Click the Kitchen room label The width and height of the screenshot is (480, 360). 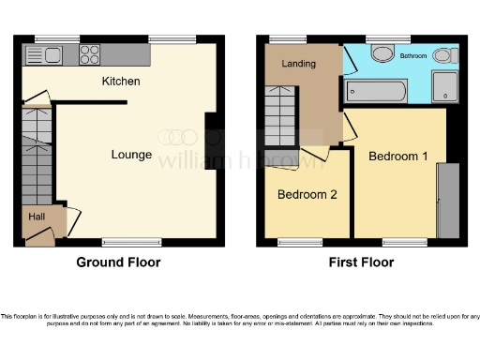(x=121, y=82)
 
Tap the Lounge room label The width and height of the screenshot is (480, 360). (x=131, y=155)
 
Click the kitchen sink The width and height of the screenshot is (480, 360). (x=49, y=53)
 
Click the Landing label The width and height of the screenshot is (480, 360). (x=299, y=64)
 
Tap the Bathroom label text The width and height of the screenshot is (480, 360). (x=413, y=56)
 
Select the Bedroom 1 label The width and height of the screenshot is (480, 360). (x=398, y=156)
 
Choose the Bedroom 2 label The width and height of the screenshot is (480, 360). (x=307, y=195)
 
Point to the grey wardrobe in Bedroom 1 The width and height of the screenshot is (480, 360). (x=449, y=200)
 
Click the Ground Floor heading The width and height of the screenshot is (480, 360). (x=118, y=262)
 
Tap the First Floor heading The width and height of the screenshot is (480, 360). (x=361, y=262)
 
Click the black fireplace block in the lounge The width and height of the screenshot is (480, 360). (x=211, y=134)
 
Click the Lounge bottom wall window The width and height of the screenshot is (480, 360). (x=120, y=241)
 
